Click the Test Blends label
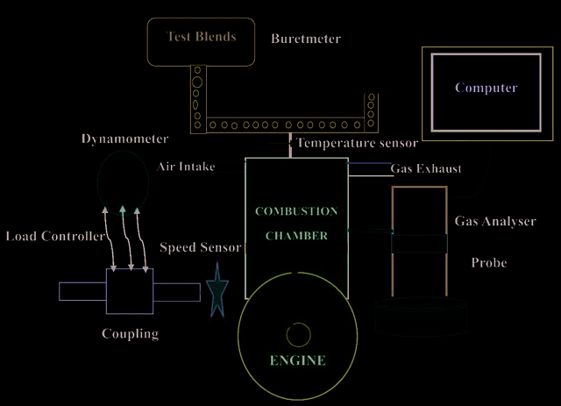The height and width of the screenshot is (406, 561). (202, 37)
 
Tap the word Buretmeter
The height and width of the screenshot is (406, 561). (306, 39)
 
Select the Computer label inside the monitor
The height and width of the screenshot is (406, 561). (486, 88)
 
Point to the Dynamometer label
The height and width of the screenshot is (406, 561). (124, 139)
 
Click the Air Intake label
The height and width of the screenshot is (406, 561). (186, 167)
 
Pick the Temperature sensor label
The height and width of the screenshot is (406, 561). (358, 143)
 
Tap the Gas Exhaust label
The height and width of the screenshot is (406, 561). (426, 168)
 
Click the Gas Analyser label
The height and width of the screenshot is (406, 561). (495, 221)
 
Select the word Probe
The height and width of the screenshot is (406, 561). (489, 263)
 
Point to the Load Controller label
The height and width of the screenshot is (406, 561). (55, 236)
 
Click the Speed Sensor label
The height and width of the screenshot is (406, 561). (201, 247)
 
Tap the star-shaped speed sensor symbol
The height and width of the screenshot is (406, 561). (217, 290)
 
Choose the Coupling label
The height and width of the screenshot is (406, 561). (130, 334)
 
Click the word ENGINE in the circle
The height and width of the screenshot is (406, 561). (298, 360)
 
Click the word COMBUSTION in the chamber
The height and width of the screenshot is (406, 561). (296, 211)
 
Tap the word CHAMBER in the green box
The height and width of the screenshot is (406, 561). (296, 236)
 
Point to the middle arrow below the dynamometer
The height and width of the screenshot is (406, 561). (126, 239)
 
